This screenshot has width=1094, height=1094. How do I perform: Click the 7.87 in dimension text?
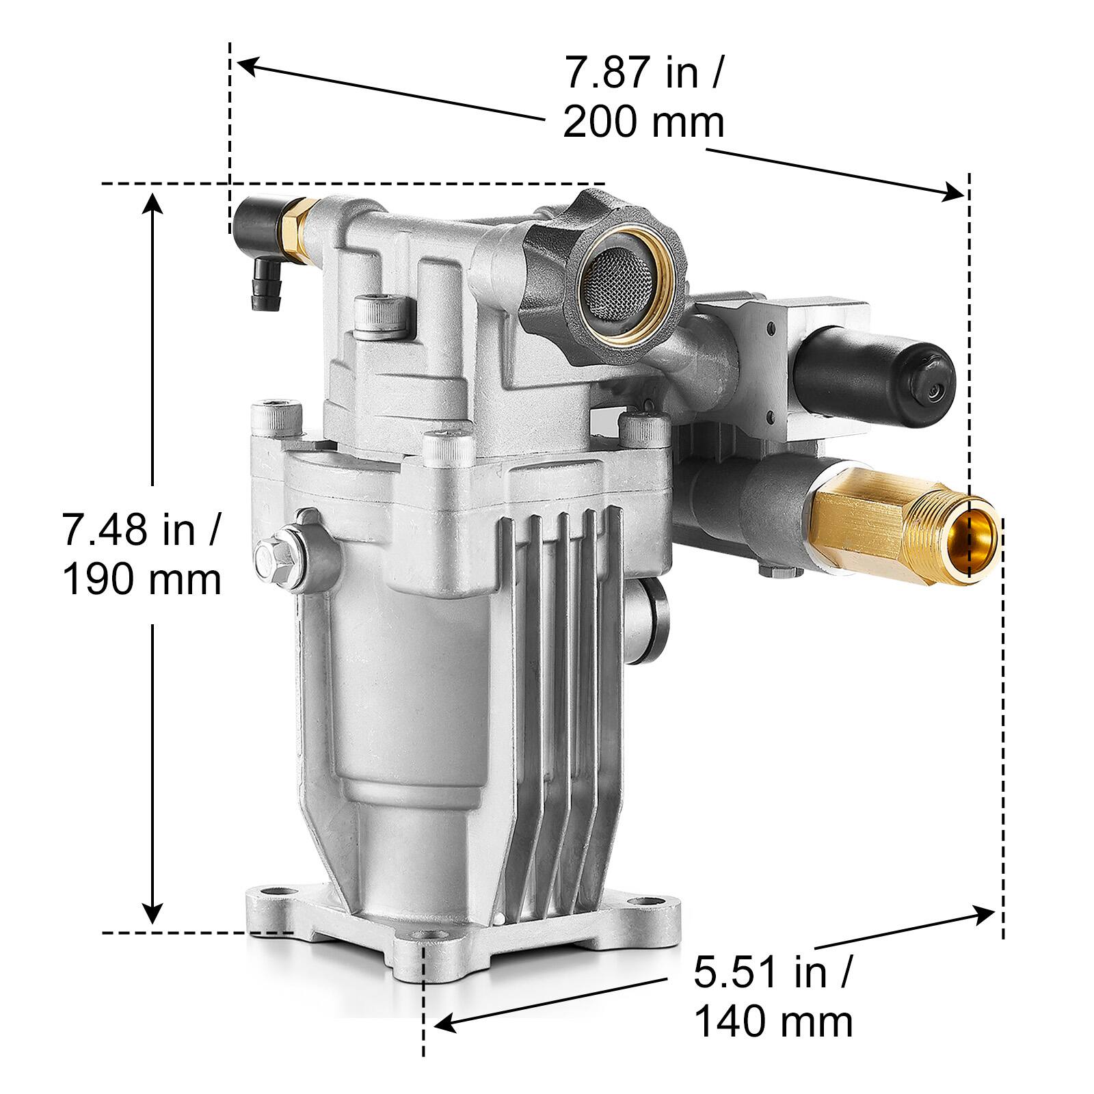coord(641,73)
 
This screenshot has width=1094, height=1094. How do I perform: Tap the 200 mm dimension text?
coord(643,123)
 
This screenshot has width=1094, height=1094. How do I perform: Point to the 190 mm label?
coord(142,580)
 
